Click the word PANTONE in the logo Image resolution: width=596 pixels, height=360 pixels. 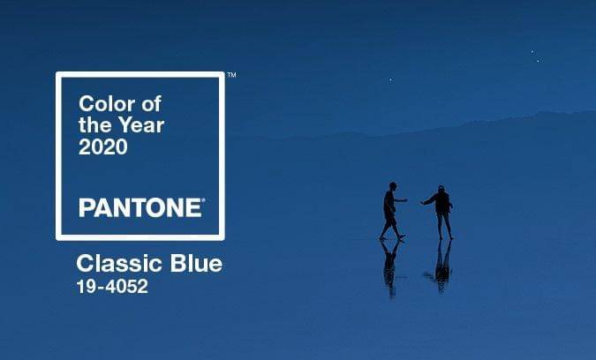pyautogui.click(x=140, y=208)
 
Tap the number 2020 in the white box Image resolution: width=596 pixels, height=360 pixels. pyautogui.click(x=103, y=147)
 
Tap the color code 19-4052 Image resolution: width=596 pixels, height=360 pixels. pyautogui.click(x=112, y=287)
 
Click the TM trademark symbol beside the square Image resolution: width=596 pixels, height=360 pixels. pyautogui.click(x=231, y=76)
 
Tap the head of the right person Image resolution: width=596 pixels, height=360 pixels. pyautogui.click(x=440, y=189)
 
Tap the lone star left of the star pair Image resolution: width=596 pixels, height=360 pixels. pyautogui.click(x=390, y=80)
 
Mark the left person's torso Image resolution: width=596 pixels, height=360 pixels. pyautogui.click(x=390, y=204)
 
